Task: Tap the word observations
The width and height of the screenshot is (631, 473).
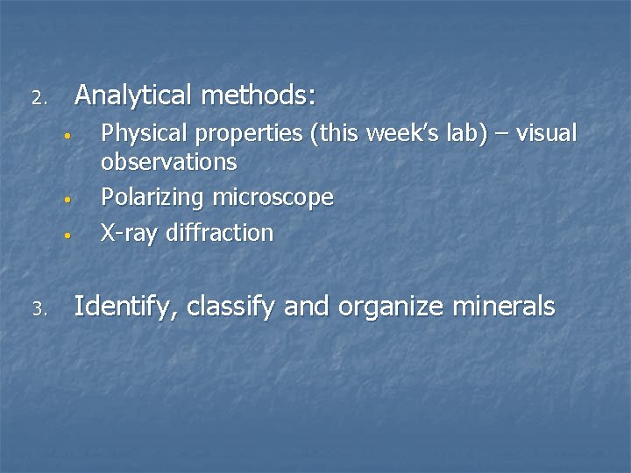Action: [x=169, y=162]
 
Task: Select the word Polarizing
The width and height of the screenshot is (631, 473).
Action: [x=153, y=198]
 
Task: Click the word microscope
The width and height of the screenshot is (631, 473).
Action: [x=273, y=198]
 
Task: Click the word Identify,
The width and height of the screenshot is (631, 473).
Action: [x=126, y=307]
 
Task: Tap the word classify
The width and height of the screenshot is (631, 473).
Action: [x=230, y=307]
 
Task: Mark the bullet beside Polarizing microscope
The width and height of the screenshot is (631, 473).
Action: [x=66, y=200]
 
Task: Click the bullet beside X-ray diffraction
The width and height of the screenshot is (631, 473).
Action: [x=66, y=235]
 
